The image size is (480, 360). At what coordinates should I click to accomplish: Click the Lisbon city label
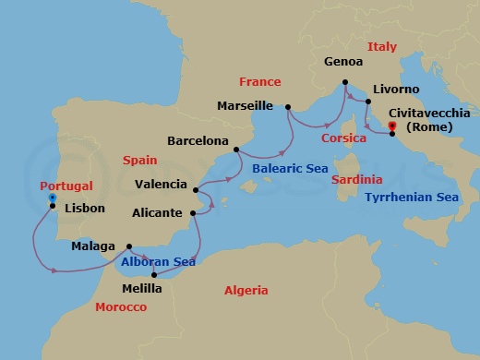coord(85,209)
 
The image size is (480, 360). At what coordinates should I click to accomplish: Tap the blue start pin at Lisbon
coord(53,198)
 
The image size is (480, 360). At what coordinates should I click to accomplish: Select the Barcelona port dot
coord(237,149)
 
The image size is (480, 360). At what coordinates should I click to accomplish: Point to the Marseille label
coord(245,106)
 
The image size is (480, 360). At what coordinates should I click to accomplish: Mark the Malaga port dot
coord(128,246)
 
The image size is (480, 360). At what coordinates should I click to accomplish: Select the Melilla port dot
coord(154,274)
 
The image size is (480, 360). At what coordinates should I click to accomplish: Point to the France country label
coord(259,81)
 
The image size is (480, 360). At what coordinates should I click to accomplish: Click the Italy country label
coord(382,46)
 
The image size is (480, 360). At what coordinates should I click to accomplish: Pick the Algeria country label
coord(246,291)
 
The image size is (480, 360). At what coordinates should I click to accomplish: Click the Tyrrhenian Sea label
coord(411,198)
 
